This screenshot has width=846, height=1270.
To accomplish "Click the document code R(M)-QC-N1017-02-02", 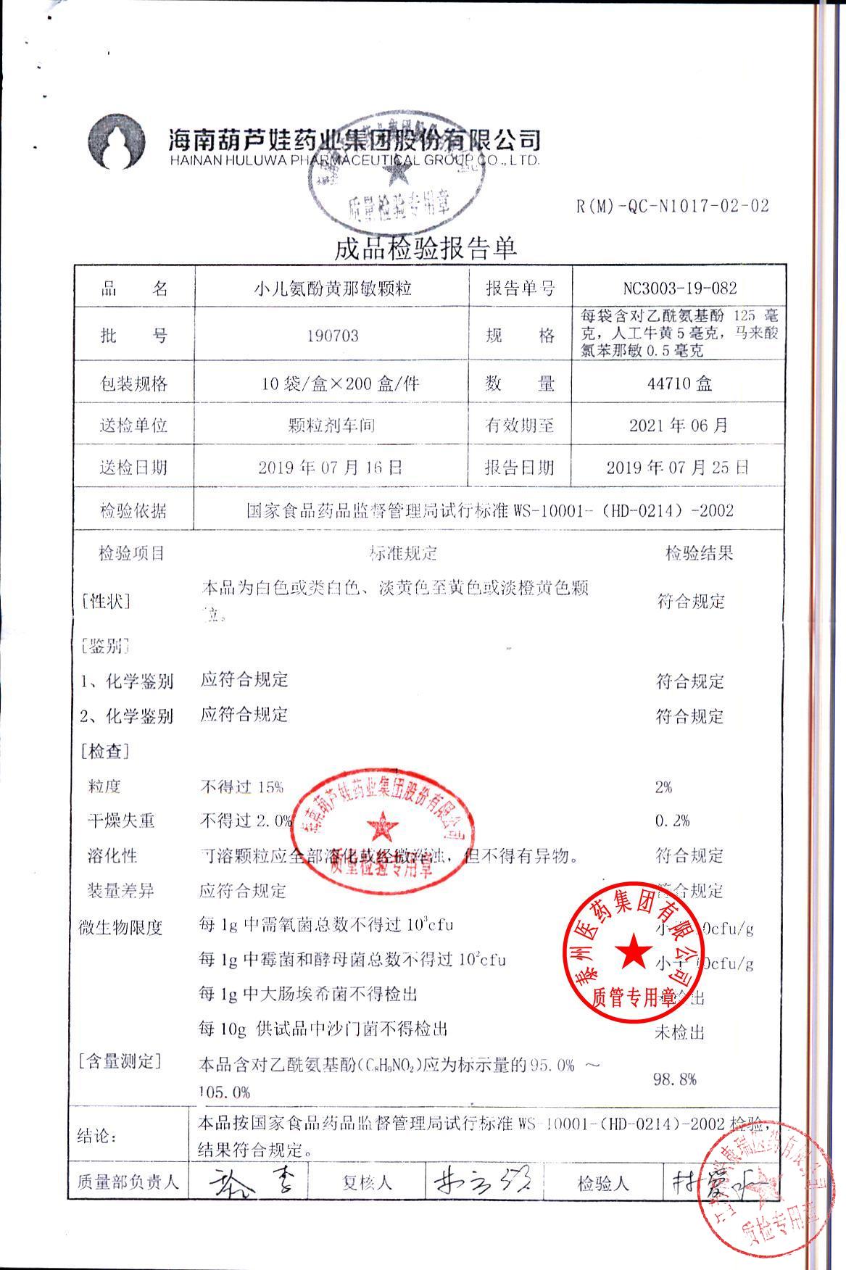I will [672, 206].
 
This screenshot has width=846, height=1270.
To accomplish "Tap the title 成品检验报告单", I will [426, 249].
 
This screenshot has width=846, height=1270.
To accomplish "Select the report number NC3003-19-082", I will [679, 289].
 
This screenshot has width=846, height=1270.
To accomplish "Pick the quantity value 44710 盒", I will [679, 383].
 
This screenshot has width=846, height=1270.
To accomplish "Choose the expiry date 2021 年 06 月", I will [679, 425].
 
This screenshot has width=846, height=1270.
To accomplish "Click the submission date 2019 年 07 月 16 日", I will [331, 468].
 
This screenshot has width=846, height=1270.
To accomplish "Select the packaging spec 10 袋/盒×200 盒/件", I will [341, 383].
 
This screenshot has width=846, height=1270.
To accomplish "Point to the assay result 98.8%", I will [675, 1079].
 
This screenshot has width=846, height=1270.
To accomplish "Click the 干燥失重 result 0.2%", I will [672, 821].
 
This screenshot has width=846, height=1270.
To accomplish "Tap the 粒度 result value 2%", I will [663, 787].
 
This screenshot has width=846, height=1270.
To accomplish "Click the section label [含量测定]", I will [120, 1062].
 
